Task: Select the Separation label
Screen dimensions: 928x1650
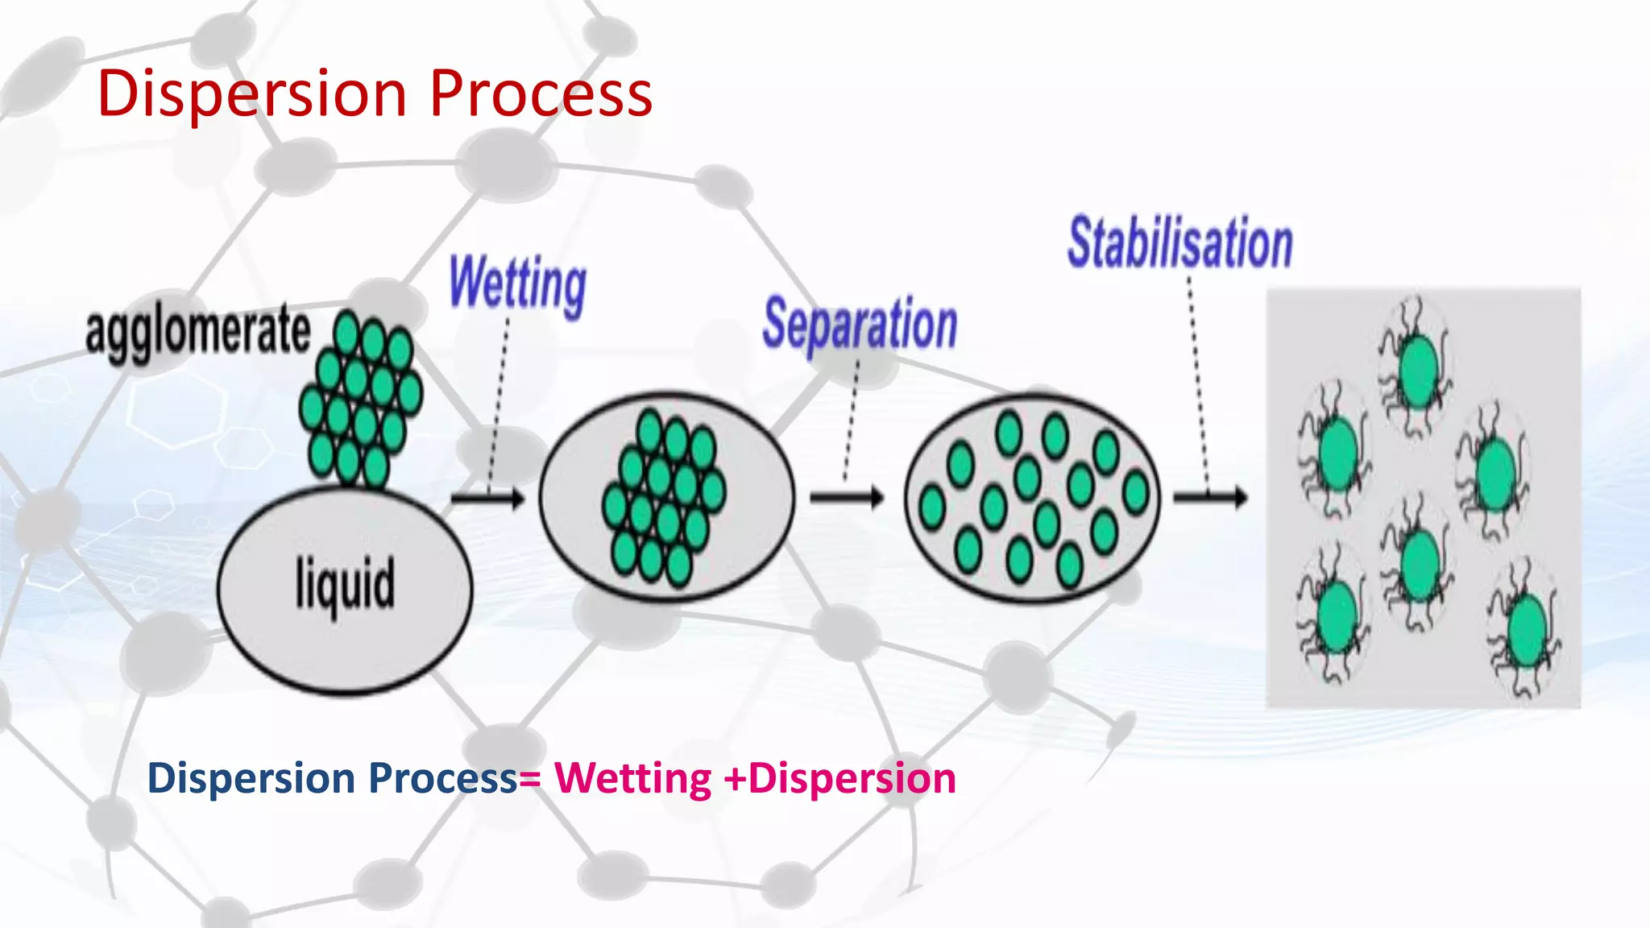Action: click(x=860, y=324)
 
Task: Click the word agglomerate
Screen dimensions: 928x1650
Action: click(x=197, y=331)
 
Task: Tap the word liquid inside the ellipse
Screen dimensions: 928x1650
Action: click(x=345, y=584)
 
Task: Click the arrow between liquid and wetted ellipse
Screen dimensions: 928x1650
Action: click(x=487, y=499)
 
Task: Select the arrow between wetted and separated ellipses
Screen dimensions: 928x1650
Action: click(x=846, y=498)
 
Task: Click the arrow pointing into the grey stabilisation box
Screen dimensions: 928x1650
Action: click(x=1209, y=498)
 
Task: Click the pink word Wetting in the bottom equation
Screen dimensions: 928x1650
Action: click(x=632, y=778)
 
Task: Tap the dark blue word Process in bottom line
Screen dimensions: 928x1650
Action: click(x=442, y=778)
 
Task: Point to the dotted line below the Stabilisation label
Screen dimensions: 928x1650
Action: click(x=1197, y=379)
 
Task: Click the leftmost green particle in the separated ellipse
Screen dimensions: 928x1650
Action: click(x=932, y=507)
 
